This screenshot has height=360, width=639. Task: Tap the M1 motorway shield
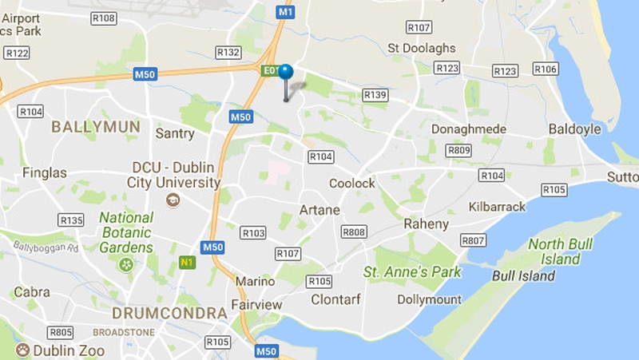[x=286, y=12]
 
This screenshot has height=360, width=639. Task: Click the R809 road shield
[x=458, y=150]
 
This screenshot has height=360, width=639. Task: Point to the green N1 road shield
[x=187, y=262]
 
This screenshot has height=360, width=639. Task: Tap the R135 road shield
[x=71, y=220]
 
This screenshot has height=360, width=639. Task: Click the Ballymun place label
[x=96, y=126]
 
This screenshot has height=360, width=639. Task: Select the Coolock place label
[x=352, y=184]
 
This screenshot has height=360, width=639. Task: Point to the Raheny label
[x=427, y=224]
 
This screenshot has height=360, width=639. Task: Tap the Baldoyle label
[x=574, y=129]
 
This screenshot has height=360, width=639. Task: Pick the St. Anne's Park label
[x=412, y=272]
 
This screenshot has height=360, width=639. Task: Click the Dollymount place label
[x=430, y=299]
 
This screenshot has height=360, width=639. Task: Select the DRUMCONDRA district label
[x=169, y=313]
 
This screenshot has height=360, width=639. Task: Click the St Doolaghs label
[x=421, y=49]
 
